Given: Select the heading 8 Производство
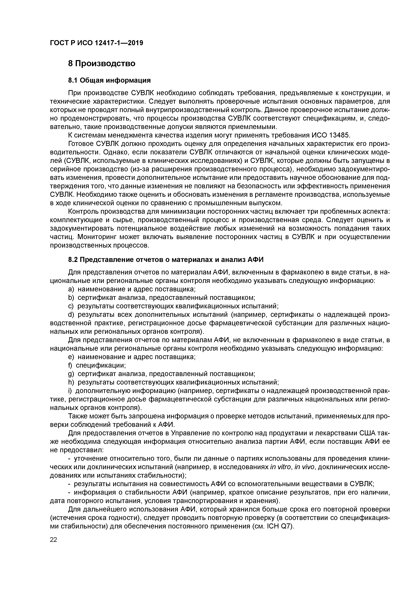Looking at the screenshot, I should (x=101, y=63).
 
